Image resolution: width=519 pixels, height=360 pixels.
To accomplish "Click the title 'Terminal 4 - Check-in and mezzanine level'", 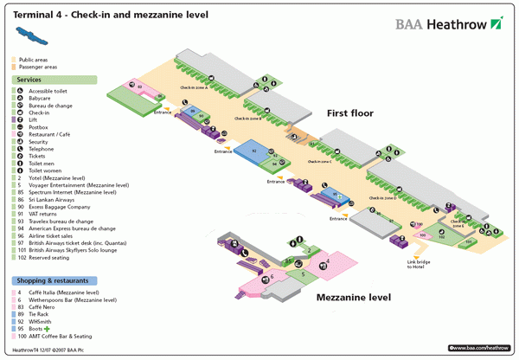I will (x=80, y=16).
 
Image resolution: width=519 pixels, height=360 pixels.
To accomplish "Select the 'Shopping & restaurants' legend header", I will (x=50, y=281).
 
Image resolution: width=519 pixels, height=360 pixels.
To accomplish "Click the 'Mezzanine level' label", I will (x=353, y=297).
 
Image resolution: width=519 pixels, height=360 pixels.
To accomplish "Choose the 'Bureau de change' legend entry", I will (x=52, y=105).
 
